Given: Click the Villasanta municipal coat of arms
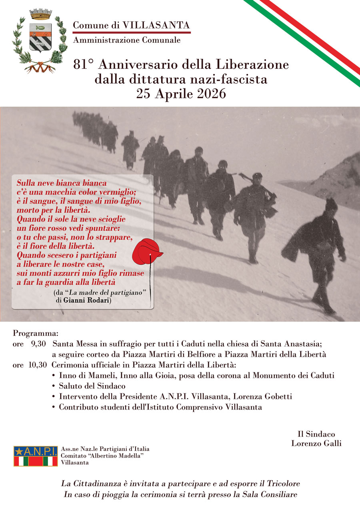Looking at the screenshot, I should point(39,41).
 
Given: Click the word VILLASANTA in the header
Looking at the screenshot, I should point(156,25).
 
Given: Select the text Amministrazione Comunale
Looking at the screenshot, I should point(126,40).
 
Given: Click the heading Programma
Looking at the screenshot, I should point(36,333).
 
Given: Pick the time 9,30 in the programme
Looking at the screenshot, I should point(39,344).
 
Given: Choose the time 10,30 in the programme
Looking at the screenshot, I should point(38,365).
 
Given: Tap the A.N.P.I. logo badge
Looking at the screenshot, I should point(35,456).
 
